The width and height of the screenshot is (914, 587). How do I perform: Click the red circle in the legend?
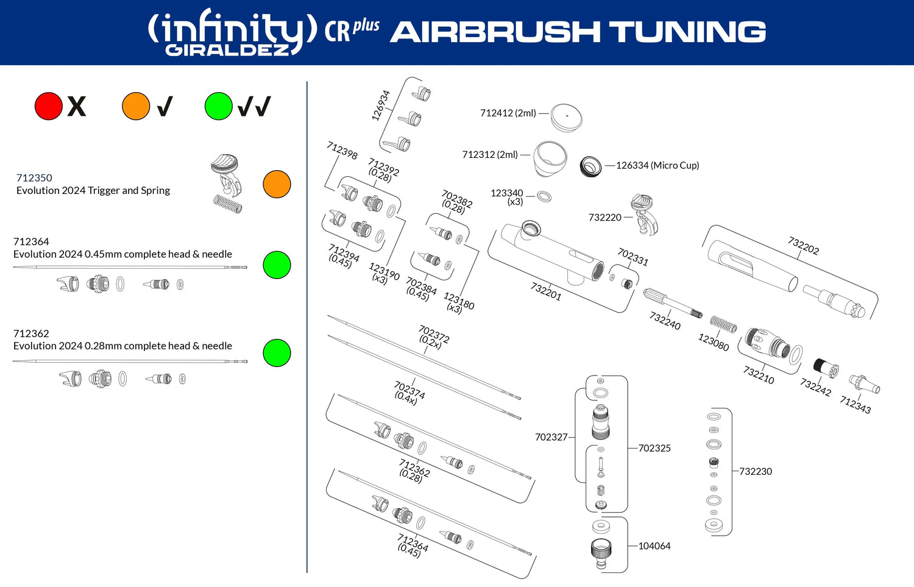click(x=49, y=106)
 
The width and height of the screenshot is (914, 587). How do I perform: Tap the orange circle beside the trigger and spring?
click(x=277, y=184)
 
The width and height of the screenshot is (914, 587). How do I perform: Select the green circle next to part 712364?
click(x=277, y=265)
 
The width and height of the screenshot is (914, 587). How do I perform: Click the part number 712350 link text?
click(x=34, y=178)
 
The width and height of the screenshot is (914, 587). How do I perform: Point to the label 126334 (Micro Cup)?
click(x=657, y=165)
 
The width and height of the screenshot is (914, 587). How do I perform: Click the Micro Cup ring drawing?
click(x=590, y=166)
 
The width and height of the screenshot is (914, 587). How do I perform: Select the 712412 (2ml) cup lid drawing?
click(x=566, y=116)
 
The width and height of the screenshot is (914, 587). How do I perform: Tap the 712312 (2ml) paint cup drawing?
click(x=550, y=157)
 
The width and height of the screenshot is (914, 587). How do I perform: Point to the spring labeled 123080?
click(x=723, y=325)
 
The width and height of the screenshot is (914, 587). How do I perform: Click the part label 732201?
click(x=546, y=291)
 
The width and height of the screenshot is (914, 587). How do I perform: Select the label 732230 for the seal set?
click(x=756, y=471)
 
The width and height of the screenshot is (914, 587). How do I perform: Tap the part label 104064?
click(x=654, y=546)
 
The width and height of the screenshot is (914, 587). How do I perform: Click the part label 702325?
click(x=654, y=448)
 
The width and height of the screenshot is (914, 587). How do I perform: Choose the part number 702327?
click(x=551, y=437)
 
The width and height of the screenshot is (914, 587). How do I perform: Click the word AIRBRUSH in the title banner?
click(x=494, y=32)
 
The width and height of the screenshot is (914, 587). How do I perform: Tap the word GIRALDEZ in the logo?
click(x=227, y=50)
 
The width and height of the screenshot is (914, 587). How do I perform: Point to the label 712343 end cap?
click(x=856, y=404)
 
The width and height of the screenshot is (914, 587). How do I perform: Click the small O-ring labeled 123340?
click(x=544, y=196)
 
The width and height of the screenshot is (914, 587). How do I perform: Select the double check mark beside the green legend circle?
click(x=253, y=107)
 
